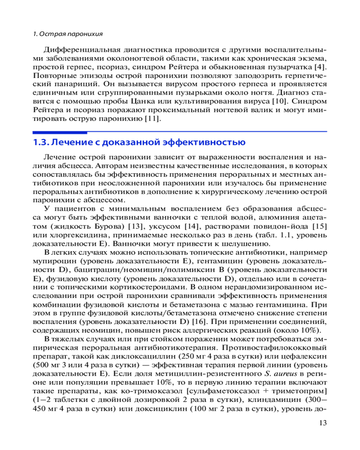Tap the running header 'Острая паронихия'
72,34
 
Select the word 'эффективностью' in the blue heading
209,143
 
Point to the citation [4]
321,67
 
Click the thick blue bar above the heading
60,132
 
